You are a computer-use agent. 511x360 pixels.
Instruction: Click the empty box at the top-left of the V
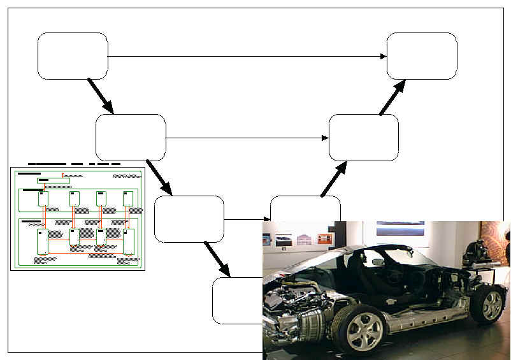73,56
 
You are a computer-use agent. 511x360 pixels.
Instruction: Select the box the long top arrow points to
422,56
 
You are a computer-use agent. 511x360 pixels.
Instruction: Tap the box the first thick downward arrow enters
131,138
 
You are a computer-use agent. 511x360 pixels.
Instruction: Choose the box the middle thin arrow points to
363,138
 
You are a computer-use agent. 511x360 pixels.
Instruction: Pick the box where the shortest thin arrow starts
189,219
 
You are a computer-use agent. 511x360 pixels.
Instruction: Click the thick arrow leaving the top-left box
100,96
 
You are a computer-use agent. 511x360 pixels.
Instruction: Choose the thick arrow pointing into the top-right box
392,97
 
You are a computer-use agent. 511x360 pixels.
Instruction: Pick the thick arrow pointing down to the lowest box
217,259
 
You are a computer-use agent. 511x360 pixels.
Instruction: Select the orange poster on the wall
325,239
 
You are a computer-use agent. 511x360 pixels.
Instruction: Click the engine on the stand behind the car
480,252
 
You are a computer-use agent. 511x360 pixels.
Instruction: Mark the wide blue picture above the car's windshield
400,228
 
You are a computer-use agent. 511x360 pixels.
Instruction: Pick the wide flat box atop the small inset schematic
54,181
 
